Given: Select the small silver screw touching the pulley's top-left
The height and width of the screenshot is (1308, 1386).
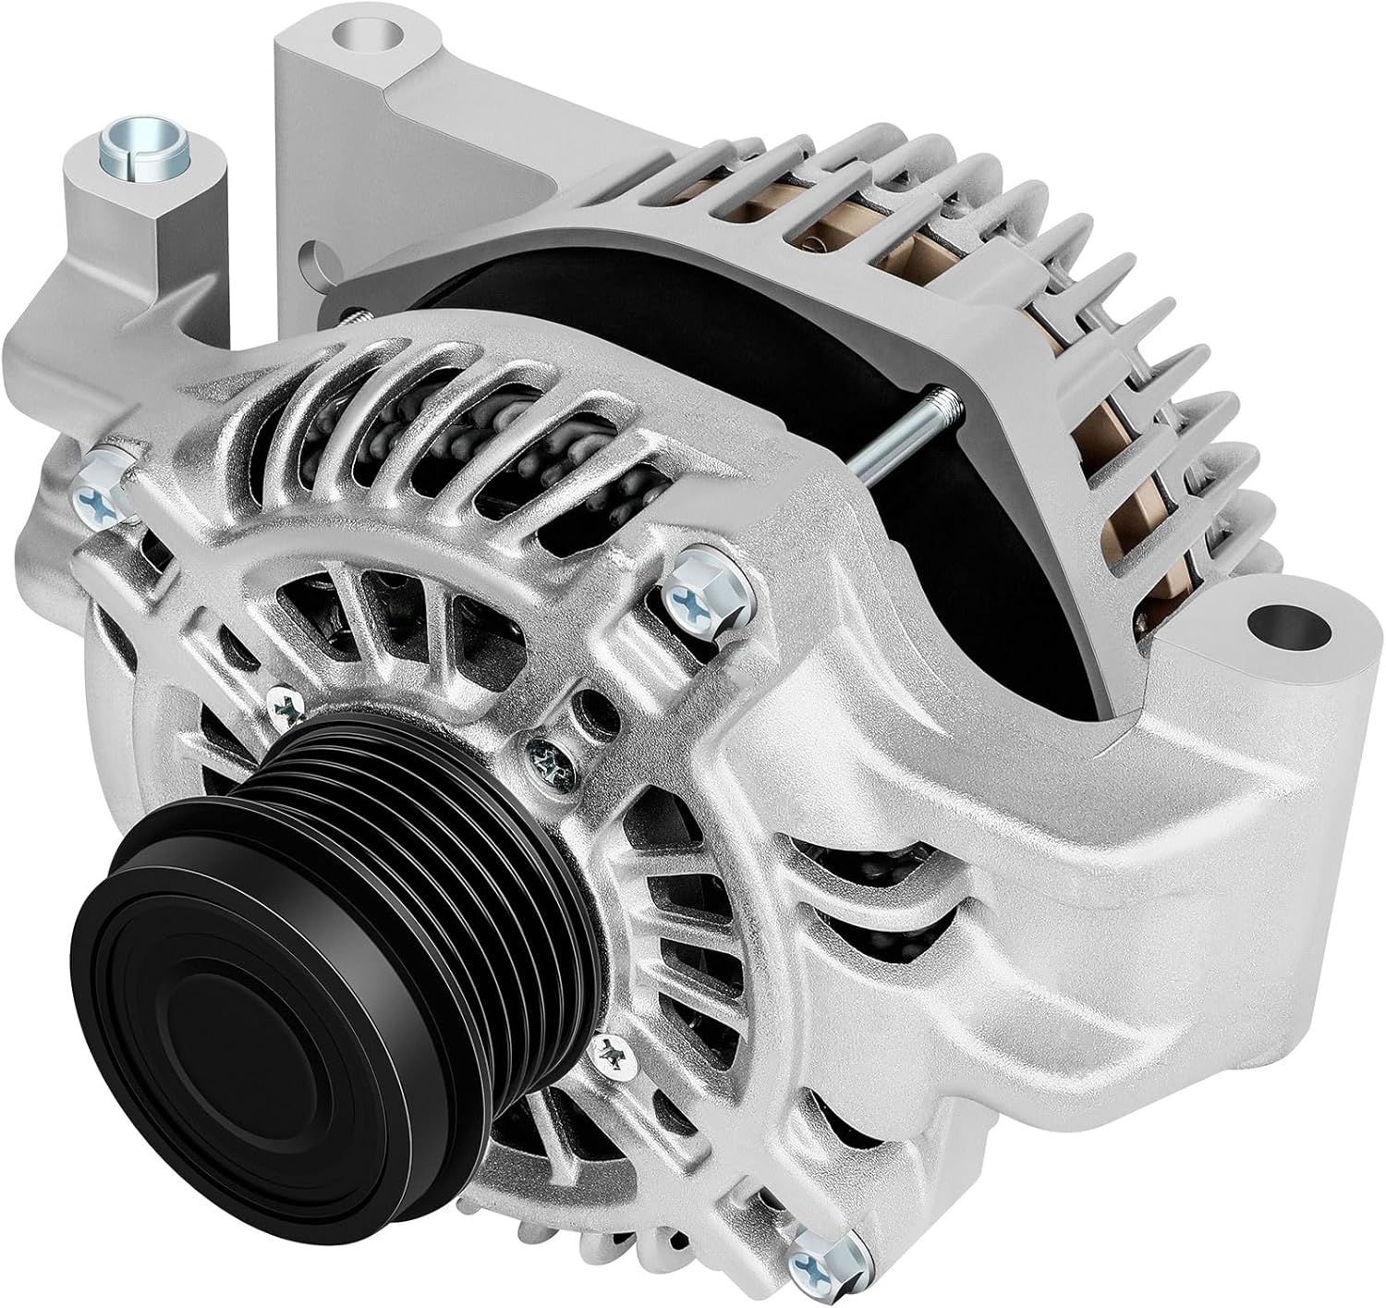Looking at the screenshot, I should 287,706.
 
